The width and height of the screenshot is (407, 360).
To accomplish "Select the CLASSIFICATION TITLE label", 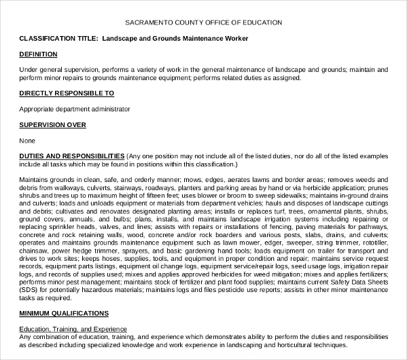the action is pyautogui.click(x=58, y=39).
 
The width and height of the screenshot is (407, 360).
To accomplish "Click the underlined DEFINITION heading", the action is pyautogui.click(x=38, y=54).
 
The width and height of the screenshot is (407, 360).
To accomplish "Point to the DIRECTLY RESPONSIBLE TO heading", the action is pyautogui.click(x=67, y=92).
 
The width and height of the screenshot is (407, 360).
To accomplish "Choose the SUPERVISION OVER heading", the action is pyautogui.click(x=52, y=125).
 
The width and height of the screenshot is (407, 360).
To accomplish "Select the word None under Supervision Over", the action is pyautogui.click(x=27, y=141).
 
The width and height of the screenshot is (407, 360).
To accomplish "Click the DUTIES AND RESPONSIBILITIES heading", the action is pyautogui.click(x=72, y=156).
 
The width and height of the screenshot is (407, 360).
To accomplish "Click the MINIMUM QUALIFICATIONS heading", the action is pyautogui.click(x=64, y=313).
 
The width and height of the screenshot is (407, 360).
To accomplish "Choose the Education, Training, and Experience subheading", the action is pyautogui.click(x=73, y=329).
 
